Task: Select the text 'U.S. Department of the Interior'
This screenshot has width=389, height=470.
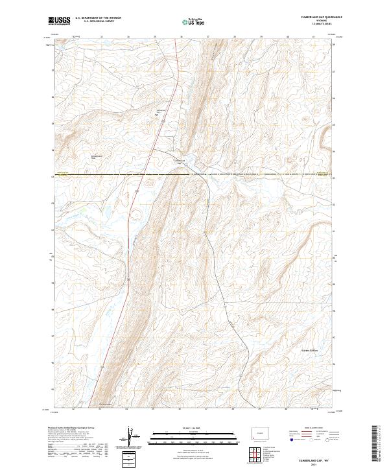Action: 98,18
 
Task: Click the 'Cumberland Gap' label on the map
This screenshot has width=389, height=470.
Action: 179,161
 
